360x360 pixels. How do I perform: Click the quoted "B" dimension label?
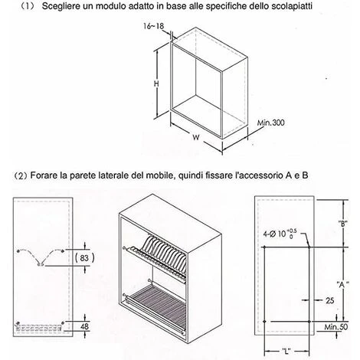click(341, 224)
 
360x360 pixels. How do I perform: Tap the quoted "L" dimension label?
click(286, 353)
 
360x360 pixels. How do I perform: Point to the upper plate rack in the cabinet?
click(162, 253)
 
